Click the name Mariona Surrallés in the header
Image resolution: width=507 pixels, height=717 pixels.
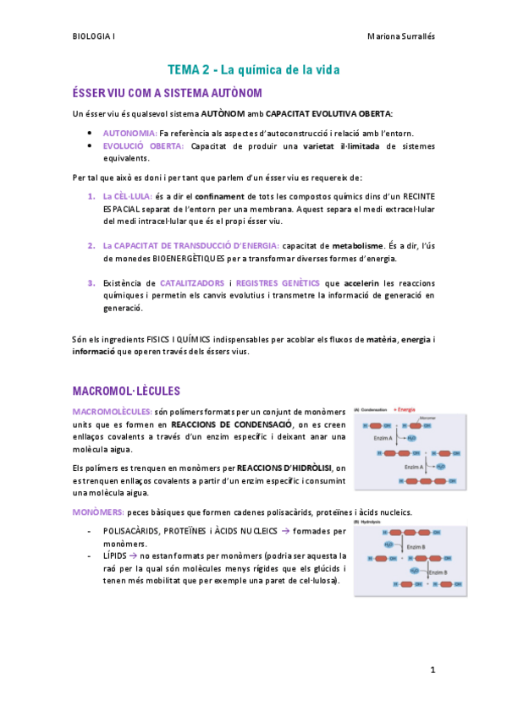tap(401, 37)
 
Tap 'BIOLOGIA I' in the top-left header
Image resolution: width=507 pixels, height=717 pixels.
tap(94, 37)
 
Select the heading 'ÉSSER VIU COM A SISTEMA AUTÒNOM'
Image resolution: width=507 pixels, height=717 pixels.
tap(168, 92)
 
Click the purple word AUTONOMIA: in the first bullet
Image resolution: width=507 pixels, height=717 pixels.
tap(130, 134)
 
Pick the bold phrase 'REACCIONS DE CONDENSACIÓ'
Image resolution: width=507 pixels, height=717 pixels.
tap(231, 424)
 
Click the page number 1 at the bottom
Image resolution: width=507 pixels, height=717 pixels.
tap(433, 670)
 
